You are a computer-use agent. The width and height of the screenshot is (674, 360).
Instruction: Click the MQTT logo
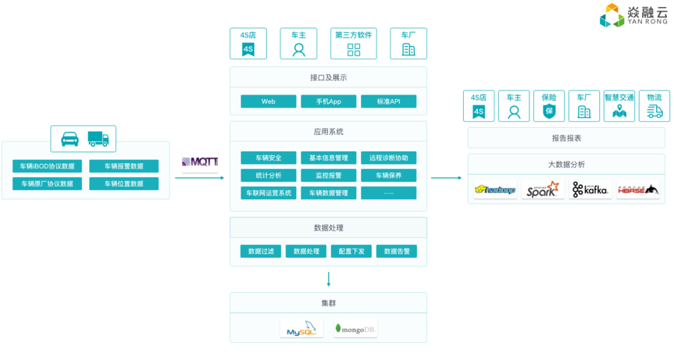200,162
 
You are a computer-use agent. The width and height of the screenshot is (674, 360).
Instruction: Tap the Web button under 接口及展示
268,102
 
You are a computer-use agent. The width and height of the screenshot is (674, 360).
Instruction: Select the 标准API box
388,102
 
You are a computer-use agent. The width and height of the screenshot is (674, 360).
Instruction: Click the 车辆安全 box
268,158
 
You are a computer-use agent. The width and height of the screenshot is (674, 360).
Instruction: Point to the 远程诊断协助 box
388,158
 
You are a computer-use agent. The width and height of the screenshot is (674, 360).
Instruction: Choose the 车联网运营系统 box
268,193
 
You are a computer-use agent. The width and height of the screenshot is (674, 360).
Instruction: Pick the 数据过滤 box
261,251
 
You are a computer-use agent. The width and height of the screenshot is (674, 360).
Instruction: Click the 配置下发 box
351,251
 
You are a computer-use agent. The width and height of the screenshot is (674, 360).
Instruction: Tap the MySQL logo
301,329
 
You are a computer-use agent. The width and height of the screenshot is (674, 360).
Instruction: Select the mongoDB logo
355,329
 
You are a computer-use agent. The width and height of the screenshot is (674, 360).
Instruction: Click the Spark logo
542,190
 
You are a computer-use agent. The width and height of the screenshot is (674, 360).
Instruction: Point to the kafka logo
590,190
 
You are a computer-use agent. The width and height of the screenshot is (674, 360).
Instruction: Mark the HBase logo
637,190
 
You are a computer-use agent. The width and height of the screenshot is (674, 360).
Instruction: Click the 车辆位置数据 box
123,184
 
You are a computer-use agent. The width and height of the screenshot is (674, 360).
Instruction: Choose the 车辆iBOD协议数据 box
47,166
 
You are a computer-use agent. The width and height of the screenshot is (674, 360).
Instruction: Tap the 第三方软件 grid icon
354,50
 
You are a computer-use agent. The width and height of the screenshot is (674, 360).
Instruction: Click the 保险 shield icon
549,112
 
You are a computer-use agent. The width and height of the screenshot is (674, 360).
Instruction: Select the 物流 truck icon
654,112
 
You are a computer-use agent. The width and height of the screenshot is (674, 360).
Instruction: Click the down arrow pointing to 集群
329,279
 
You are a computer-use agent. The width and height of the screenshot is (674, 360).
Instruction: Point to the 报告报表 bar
566,138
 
